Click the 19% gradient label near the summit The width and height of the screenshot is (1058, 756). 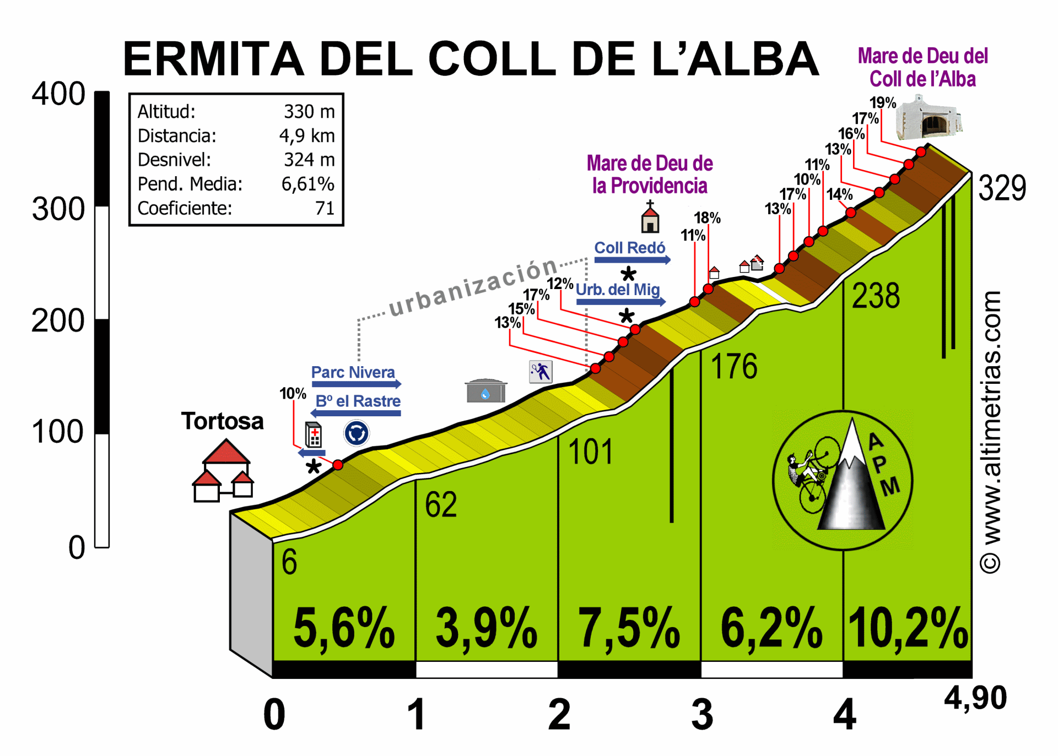click(883, 102)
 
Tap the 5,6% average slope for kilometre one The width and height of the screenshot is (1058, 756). click(344, 628)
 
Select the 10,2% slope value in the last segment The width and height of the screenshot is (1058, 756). click(908, 628)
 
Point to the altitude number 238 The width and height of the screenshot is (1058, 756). click(876, 296)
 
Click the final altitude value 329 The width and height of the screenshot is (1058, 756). click(1002, 188)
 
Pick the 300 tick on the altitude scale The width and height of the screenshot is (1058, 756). click(58, 209)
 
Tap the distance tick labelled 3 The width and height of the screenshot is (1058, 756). click(702, 714)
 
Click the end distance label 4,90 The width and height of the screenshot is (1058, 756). click(975, 698)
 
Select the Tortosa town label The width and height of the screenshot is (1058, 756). click(223, 421)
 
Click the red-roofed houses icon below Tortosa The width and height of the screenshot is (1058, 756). click(223, 470)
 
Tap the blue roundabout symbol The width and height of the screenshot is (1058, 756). click(357, 433)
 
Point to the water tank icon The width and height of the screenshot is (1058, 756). click(485, 390)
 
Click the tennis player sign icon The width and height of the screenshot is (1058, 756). click(541, 372)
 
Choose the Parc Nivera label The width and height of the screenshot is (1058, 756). click(353, 372)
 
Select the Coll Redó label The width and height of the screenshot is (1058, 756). click(629, 248)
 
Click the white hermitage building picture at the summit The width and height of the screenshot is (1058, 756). click(929, 118)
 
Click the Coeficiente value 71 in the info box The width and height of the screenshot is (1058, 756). click(325, 208)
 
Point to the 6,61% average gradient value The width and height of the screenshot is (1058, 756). click(307, 184)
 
